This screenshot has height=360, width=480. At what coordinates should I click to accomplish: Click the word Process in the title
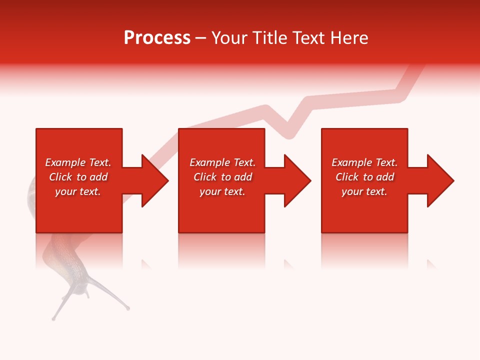click(x=157, y=38)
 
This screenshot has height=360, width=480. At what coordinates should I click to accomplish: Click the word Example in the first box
click(x=64, y=162)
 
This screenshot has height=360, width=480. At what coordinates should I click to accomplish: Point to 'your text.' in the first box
click(x=77, y=191)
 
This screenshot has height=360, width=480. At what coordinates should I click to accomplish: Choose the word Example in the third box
click(x=351, y=162)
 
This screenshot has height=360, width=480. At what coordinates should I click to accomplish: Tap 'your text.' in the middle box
click(x=222, y=191)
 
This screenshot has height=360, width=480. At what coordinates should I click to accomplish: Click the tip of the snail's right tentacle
click(x=128, y=308)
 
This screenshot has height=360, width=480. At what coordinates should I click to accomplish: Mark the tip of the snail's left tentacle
click(x=53, y=318)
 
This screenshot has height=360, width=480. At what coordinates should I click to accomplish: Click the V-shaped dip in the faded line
click(x=290, y=134)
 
